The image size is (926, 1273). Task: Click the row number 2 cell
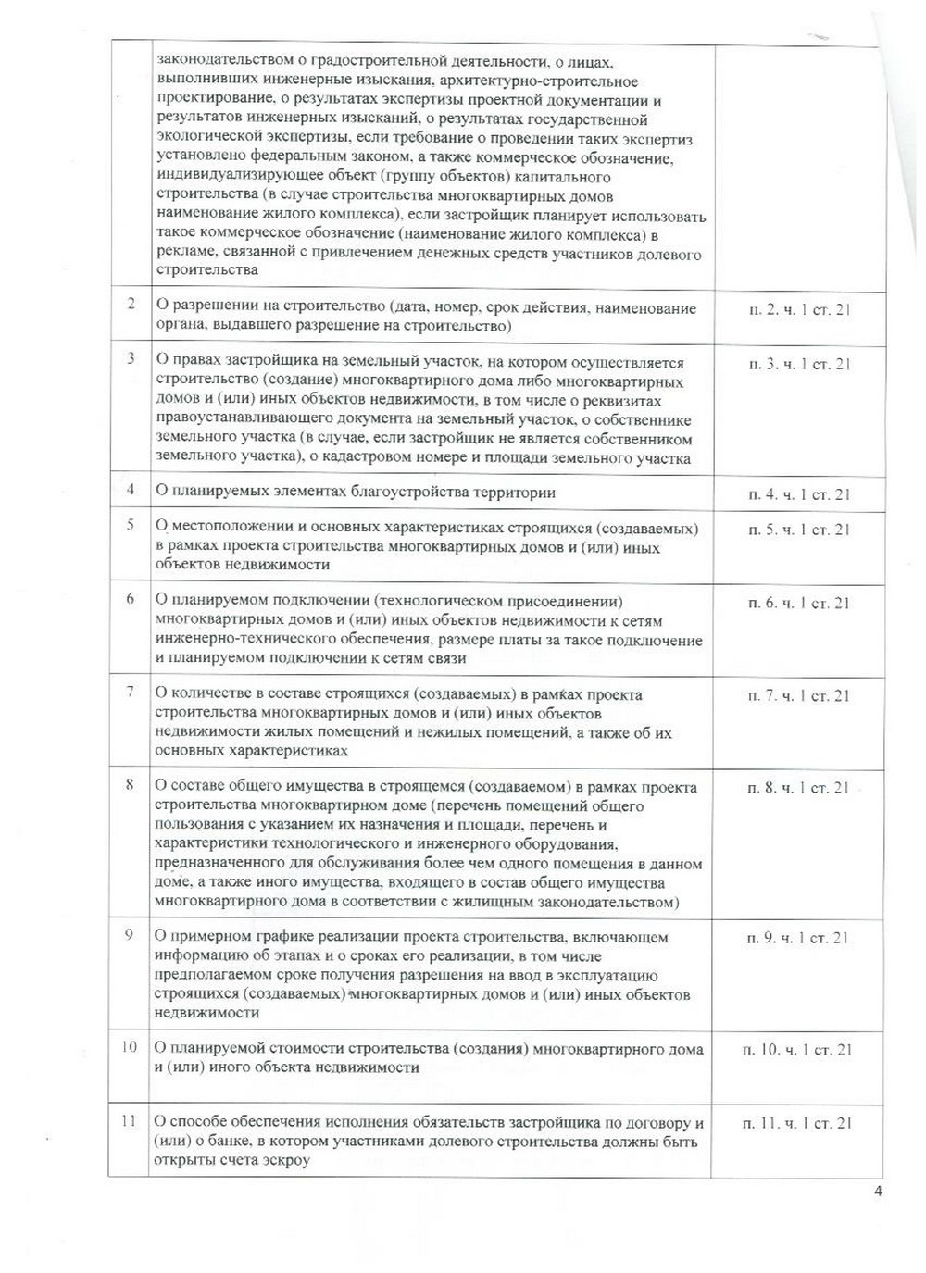(131, 305)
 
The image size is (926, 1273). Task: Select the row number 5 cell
(131, 525)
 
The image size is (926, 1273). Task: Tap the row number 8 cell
(131, 785)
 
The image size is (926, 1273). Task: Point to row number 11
(129, 1121)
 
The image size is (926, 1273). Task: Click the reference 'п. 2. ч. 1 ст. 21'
(799, 309)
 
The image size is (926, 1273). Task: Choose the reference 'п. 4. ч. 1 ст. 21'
(799, 494)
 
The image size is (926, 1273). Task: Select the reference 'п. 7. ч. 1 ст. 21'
(799, 696)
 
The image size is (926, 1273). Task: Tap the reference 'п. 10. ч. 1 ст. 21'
(797, 1050)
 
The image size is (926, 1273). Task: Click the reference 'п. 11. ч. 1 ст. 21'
(797, 1124)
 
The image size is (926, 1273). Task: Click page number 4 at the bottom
(878, 1192)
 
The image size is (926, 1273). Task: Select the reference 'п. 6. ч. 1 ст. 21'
(799, 604)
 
